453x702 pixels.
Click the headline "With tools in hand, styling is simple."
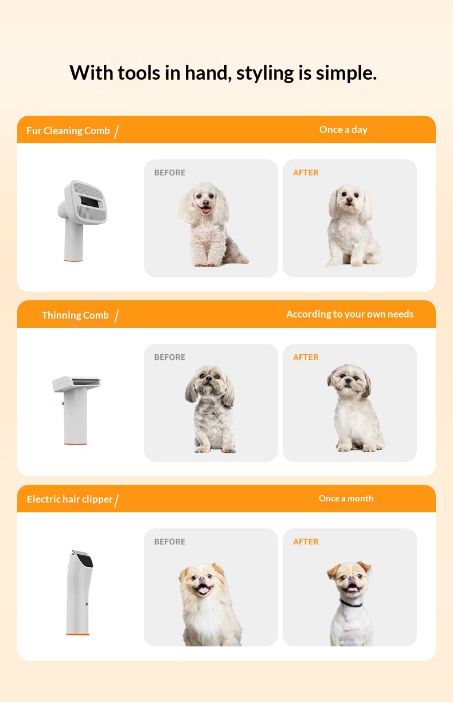click(223, 73)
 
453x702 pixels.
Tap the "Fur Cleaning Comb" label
click(68, 131)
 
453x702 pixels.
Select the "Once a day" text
click(343, 130)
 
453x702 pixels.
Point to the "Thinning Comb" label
click(75, 315)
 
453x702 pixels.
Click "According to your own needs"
click(350, 314)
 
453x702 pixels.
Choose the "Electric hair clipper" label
click(69, 499)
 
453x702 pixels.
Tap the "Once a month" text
click(346, 499)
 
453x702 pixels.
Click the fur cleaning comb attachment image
click(82, 221)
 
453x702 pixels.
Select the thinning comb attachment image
click(76, 410)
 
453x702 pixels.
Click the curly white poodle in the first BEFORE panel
click(210, 225)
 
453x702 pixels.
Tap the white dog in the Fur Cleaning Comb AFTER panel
click(353, 225)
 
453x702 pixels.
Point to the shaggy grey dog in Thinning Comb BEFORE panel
click(210, 409)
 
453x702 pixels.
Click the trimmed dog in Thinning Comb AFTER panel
click(355, 407)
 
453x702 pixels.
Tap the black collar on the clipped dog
click(351, 603)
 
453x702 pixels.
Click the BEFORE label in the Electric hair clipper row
click(170, 542)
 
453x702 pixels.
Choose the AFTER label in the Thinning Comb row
click(306, 357)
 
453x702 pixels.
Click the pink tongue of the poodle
click(206, 210)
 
